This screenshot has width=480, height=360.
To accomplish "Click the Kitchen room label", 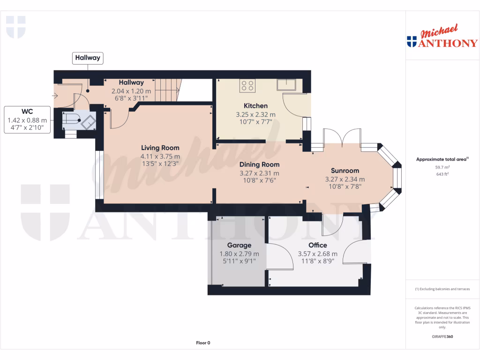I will coord(255,105).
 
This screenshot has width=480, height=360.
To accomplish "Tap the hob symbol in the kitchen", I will coord(247,85).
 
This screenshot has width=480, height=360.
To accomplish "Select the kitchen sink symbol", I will coord(285,85).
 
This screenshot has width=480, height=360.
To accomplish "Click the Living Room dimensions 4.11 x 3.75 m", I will coord(160,157).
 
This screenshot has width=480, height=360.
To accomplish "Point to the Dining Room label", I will coord(259,165).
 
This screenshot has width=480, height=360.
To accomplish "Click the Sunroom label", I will coord(345,171).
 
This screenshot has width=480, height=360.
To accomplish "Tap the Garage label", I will coord(239,245).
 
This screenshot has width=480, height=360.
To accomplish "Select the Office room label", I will coord(317,245).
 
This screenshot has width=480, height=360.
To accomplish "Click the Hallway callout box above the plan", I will coord(88,58).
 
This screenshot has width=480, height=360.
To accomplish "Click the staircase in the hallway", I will coord(167,89).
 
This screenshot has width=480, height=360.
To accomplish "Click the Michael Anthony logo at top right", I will coord(442,37).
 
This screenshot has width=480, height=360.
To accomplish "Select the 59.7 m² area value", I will coord(442,167).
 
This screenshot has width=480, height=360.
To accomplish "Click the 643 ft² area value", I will coord(442,174).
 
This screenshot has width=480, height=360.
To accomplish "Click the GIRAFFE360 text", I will coord(442,337).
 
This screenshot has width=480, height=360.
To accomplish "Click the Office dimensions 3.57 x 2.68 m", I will coord(317,254).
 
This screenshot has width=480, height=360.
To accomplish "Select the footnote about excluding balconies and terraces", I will coord(442,289).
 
